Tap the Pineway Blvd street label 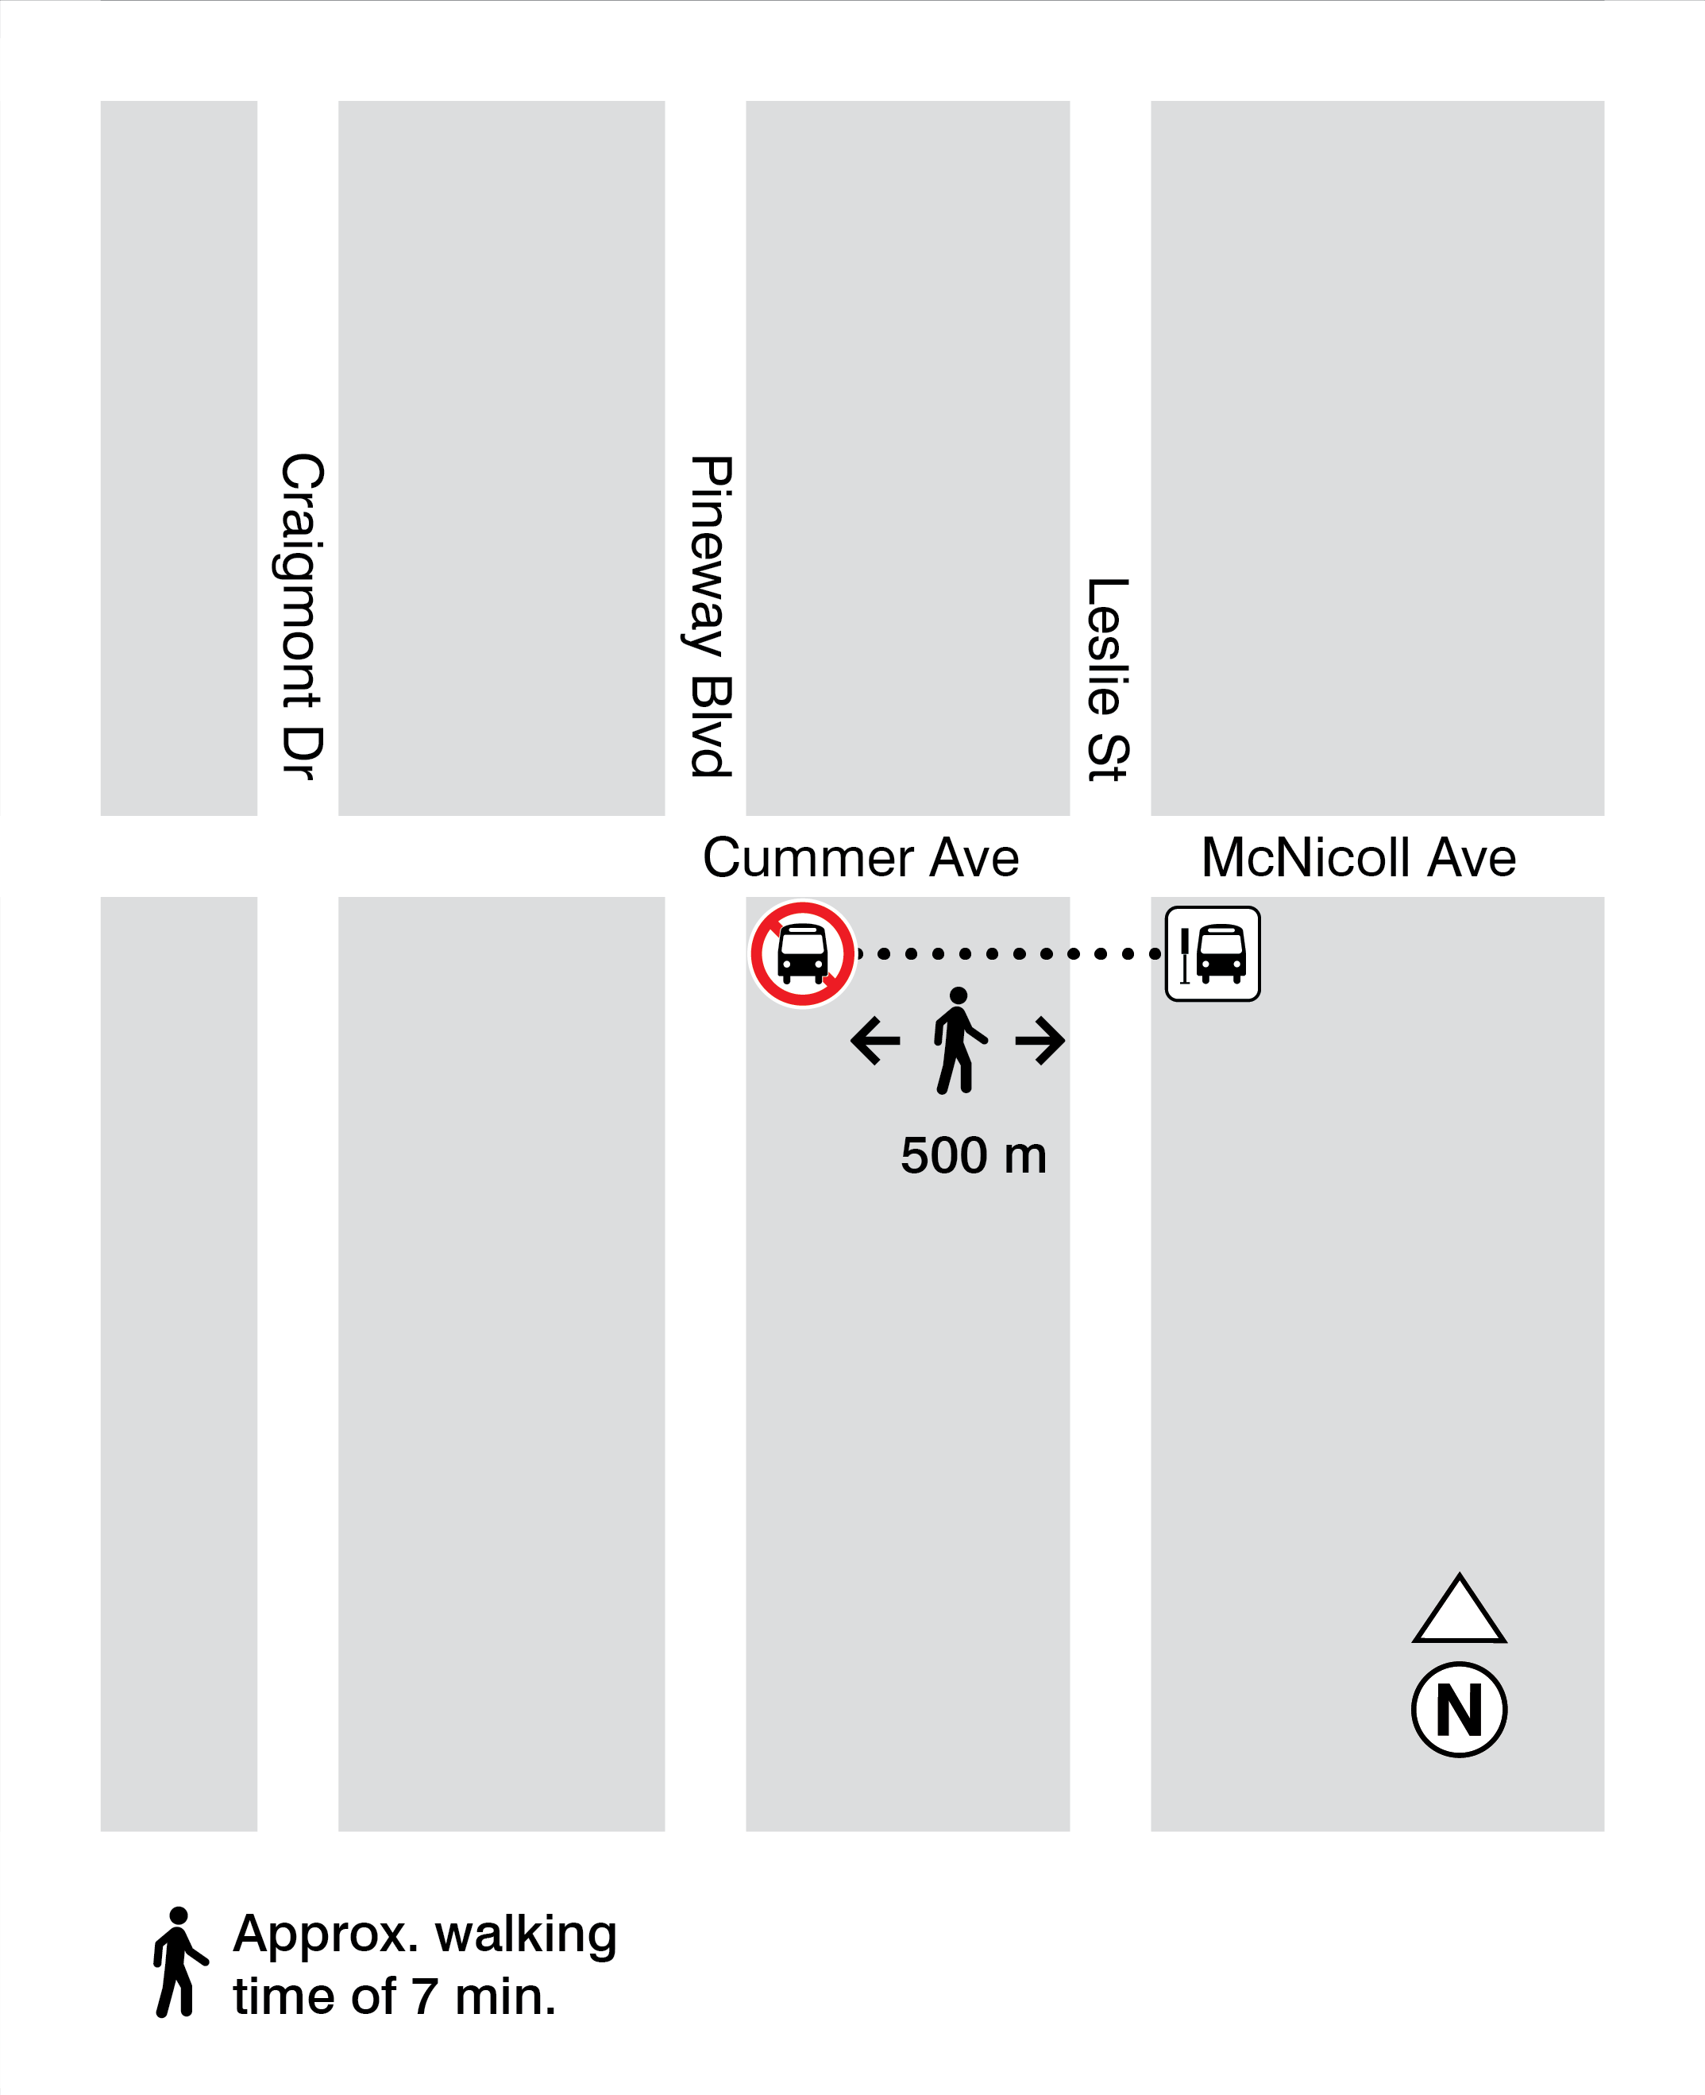point(710,617)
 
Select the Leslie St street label point(1108,679)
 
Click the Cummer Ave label point(860,858)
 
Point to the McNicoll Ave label point(1358,858)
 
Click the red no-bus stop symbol point(802,953)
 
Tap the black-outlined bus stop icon point(1212,953)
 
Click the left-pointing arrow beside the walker point(875,1041)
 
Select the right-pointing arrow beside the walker point(1040,1041)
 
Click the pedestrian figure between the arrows point(958,1041)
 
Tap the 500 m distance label point(974,1156)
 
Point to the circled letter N point(1459,1710)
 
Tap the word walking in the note point(527,1935)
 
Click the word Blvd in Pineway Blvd point(710,727)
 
